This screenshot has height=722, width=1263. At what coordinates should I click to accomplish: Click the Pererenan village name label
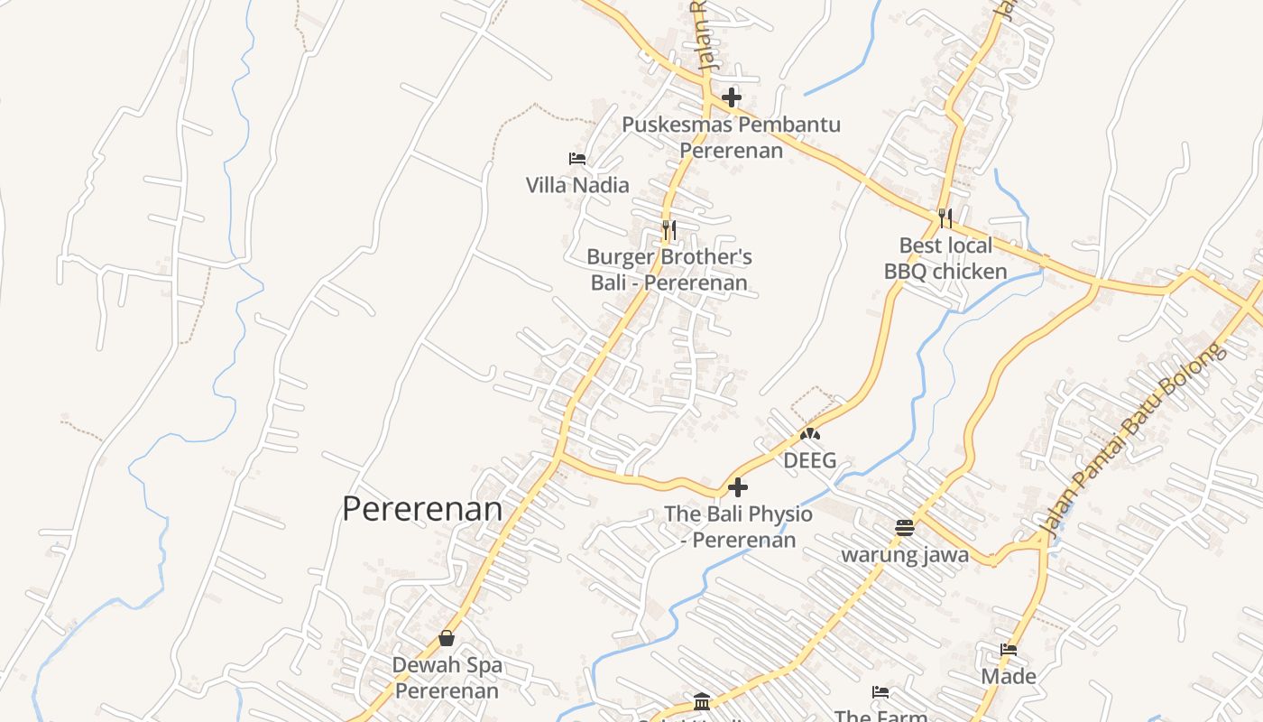pos(422,509)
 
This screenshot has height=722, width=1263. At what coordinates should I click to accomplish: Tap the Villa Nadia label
pos(577,185)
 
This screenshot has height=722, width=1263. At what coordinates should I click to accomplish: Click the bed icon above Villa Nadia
pos(577,159)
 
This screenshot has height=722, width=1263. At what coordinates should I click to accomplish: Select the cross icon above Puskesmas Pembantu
pos(732,97)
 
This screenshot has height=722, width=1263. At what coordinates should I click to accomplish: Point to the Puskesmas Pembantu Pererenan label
pos(732,137)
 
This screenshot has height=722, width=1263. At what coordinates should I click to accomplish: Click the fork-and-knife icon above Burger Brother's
pos(668,229)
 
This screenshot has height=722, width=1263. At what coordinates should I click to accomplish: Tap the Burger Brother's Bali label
pos(669,270)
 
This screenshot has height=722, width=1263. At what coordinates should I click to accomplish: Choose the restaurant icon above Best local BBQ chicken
pos(945,218)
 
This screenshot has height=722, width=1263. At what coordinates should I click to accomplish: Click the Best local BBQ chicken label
pos(945,258)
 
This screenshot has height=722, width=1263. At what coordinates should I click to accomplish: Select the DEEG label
pos(809,460)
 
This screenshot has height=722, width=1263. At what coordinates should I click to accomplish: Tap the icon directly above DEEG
pos(809,434)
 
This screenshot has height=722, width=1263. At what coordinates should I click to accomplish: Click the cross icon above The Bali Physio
pos(738,487)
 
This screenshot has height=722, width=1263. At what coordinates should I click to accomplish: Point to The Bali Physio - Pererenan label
pos(738,527)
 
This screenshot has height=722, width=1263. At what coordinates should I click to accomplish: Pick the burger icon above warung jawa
pos(905,528)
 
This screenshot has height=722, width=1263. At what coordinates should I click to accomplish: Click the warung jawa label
pos(905,554)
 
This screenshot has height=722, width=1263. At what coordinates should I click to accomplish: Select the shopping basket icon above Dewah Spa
pos(447,638)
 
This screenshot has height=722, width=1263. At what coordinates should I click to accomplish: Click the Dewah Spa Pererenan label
pos(447,678)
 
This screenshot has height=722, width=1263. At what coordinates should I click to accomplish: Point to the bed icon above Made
pos(1009,650)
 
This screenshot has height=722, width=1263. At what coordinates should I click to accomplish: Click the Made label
pos(1009,676)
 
